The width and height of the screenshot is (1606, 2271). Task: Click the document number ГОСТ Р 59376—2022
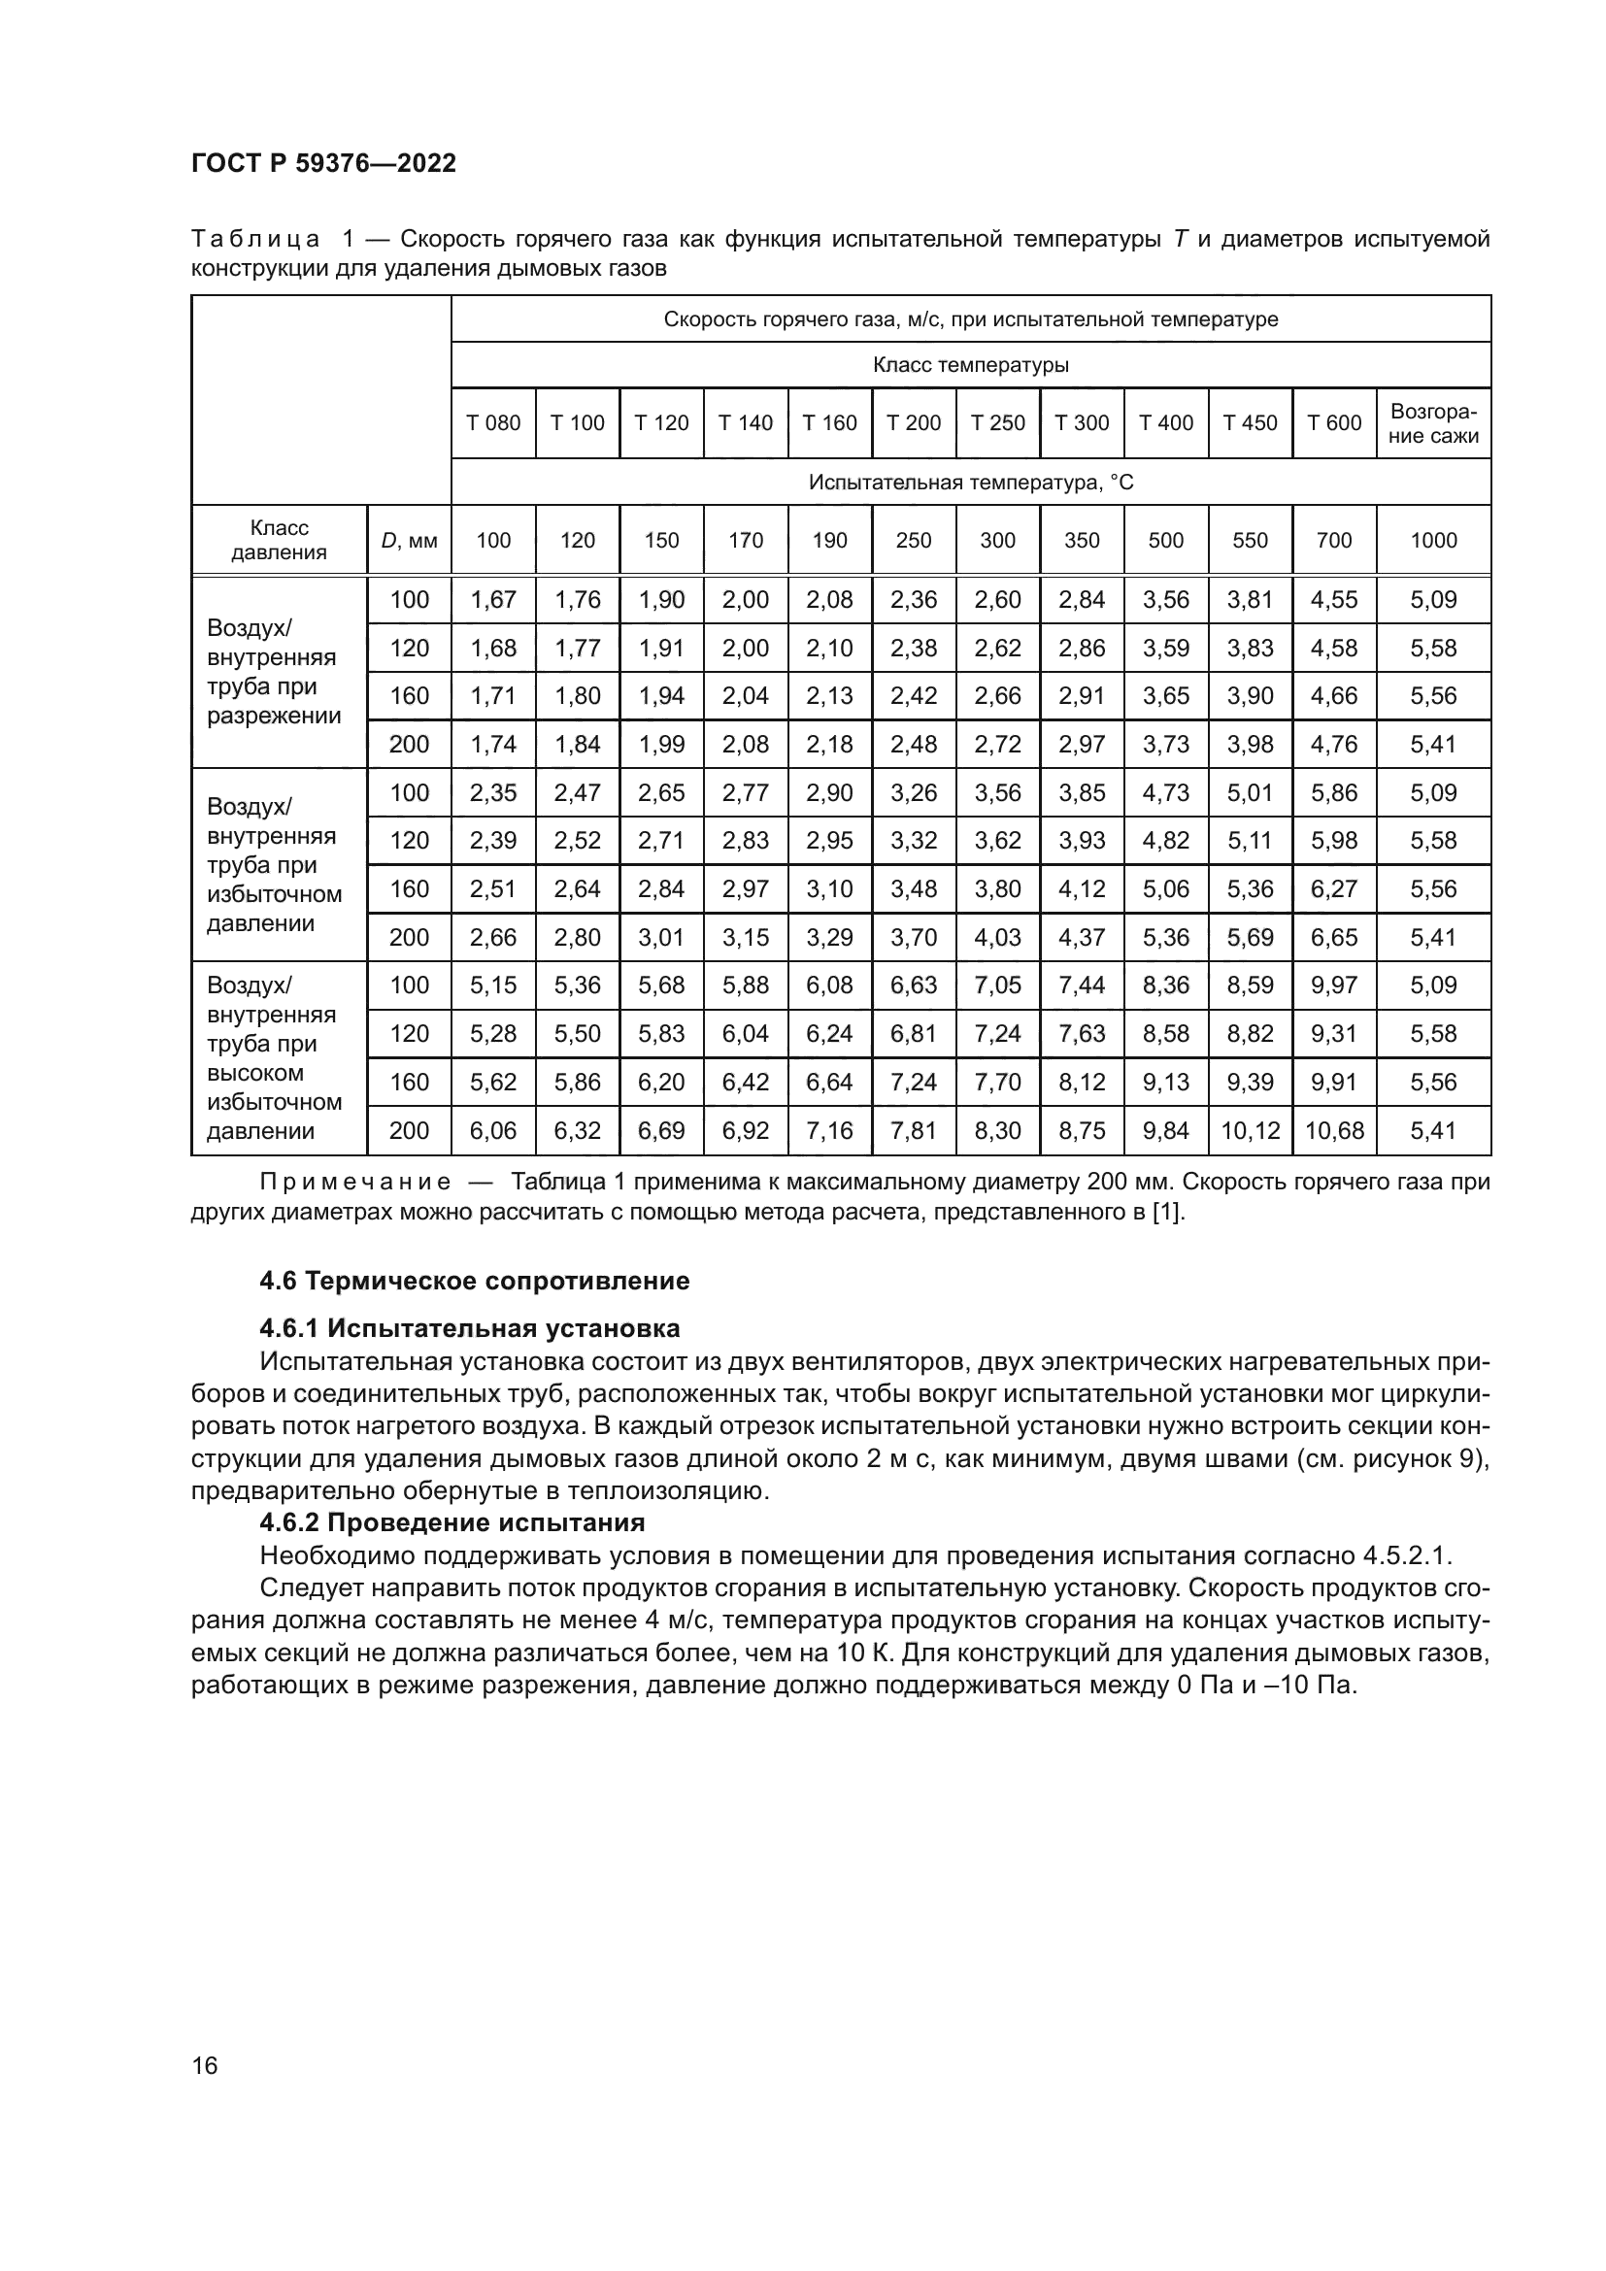coord(323,163)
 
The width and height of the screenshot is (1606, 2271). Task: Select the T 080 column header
coord(493,423)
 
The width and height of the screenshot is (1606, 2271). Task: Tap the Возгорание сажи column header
coord(1433,423)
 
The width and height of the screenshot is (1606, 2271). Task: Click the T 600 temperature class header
coord(1334,423)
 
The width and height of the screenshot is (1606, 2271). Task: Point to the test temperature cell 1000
coord(1433,540)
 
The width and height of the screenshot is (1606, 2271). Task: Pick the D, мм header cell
coord(409,540)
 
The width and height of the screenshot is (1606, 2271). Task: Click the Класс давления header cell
coord(279,540)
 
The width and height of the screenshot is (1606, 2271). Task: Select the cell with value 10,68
coord(1334,1130)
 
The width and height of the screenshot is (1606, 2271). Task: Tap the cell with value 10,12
coord(1250,1130)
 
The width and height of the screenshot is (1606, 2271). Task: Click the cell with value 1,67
coord(493,599)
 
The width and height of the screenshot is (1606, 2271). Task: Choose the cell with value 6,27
coord(1334,889)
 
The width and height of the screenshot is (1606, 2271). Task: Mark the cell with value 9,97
coord(1334,985)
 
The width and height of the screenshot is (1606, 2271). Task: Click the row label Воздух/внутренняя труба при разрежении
coord(273,673)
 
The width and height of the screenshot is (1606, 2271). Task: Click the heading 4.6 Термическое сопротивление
coord(475,1281)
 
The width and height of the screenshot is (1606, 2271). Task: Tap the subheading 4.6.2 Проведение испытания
coord(452,1522)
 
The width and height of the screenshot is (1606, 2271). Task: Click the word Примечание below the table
coord(356,1182)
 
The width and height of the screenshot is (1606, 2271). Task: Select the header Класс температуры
coord(970,365)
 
